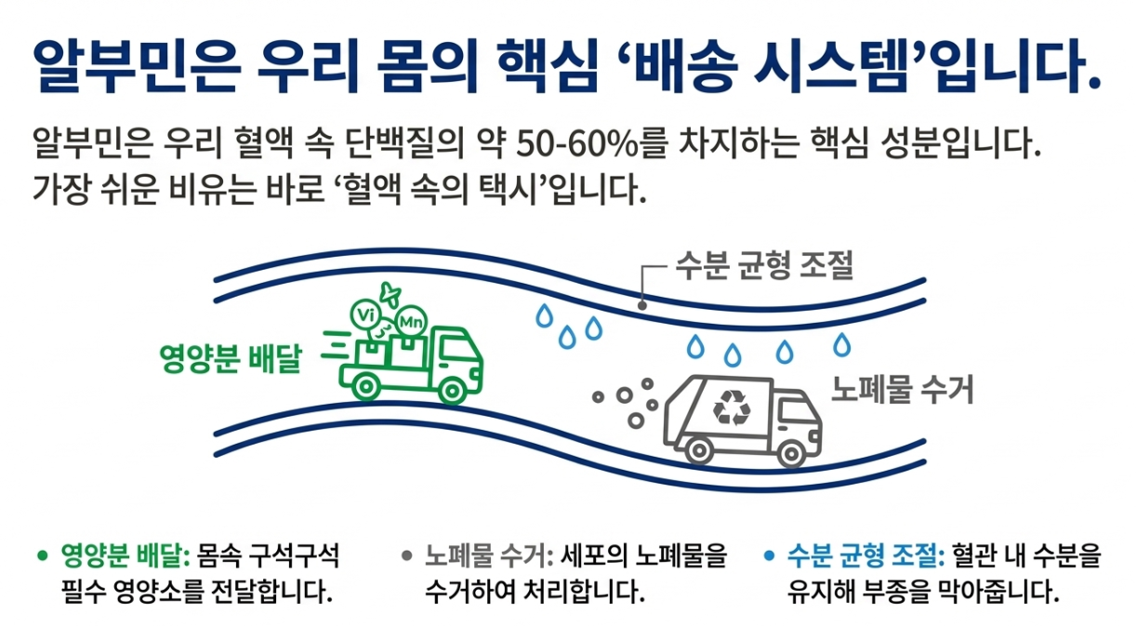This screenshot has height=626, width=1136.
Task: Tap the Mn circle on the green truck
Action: pos(409,321)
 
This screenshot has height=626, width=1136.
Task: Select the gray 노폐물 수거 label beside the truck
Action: pos(902,391)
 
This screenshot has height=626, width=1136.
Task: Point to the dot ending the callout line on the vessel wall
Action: pos(641,304)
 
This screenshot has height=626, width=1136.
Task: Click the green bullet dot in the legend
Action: pos(41,556)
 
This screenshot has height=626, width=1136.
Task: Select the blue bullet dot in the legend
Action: pos(768,556)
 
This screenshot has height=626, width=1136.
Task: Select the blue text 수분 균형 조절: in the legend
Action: pos(865,556)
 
